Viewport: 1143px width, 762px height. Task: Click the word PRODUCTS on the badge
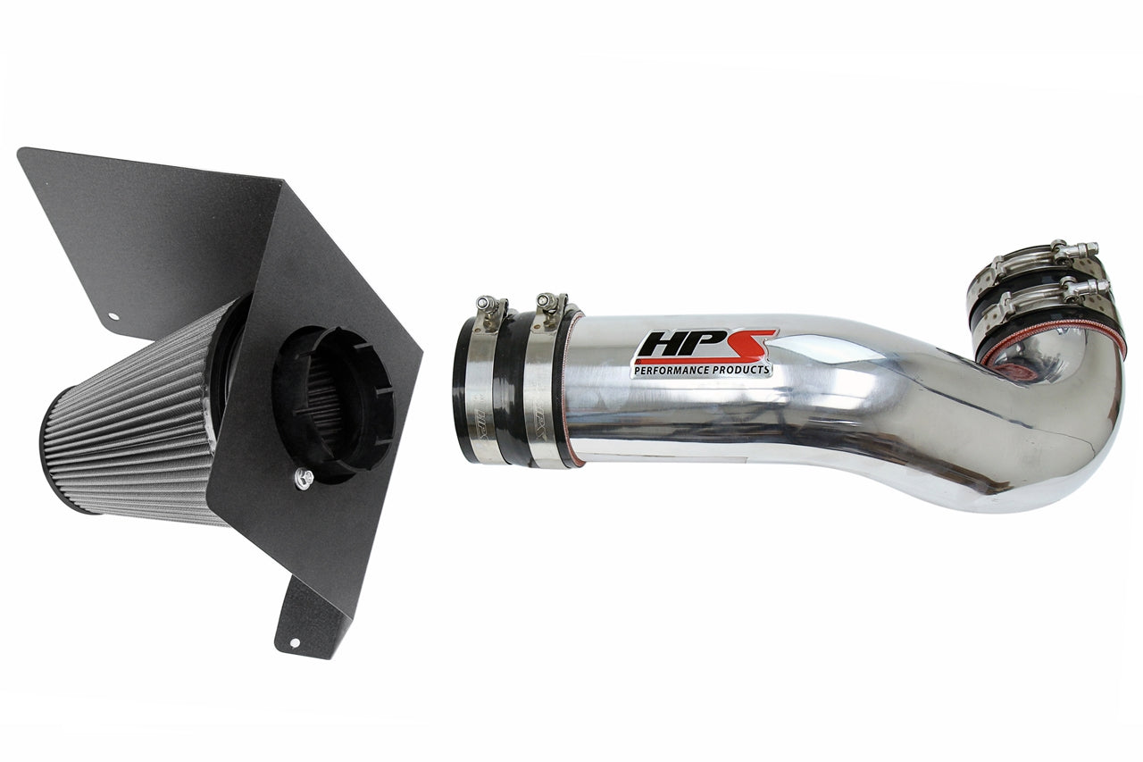741,368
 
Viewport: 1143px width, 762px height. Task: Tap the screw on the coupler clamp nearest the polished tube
550,304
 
